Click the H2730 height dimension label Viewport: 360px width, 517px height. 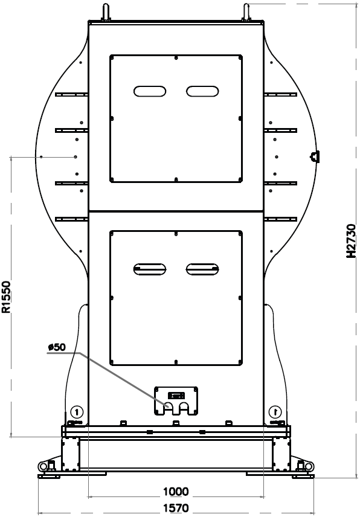pos(351,241)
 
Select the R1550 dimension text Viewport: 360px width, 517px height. pos(7,297)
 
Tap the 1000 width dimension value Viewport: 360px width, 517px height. pos(176,492)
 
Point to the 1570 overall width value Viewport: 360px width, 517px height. pos(176,508)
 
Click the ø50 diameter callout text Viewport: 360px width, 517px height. pos(57,347)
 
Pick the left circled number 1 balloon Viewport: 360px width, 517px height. pos(77,412)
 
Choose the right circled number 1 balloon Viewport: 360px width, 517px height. pos(275,412)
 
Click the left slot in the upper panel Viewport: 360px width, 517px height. pos(150,91)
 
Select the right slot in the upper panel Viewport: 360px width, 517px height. pos(202,91)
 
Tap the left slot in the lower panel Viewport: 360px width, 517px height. pos(150,269)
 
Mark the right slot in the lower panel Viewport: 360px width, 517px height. pos(202,269)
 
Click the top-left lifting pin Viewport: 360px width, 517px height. pos(106,13)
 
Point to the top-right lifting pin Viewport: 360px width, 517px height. pos(246,13)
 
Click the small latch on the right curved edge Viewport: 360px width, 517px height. pos(315,156)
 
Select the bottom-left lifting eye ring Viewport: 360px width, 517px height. pos(43,466)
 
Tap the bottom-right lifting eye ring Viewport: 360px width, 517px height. pos(309,466)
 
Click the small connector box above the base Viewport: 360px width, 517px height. pos(176,400)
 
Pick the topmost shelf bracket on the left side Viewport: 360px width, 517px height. pos(71,95)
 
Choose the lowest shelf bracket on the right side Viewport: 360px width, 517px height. pos(280,219)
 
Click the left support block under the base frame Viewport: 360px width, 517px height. pos(71,454)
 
